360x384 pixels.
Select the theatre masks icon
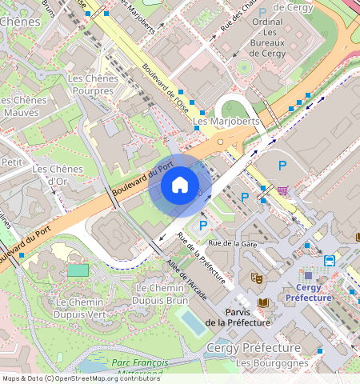coord(257,278)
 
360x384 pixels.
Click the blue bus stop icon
coord(330,260)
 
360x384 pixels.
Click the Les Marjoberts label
coord(226,122)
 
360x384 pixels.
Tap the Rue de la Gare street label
coord(231,242)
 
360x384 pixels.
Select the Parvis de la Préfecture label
coord(237,317)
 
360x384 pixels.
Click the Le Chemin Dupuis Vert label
coord(79,308)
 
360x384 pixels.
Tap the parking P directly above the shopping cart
coord(282,166)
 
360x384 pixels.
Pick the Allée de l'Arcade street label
coord(186,280)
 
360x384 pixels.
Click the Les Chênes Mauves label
coord(24,106)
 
